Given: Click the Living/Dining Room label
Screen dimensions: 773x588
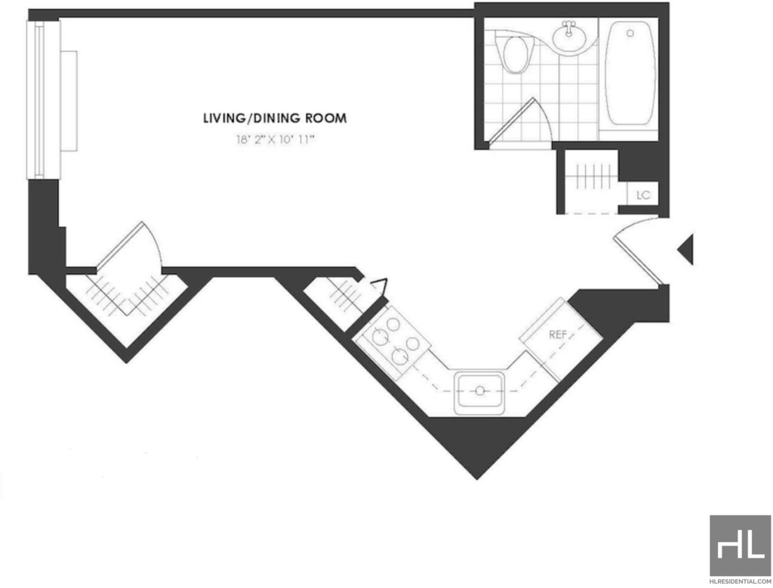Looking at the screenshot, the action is coord(275,119).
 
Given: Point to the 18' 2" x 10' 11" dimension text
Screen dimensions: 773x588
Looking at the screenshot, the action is coord(275,140).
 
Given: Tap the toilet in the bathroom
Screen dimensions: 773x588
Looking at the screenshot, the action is coord(515,52).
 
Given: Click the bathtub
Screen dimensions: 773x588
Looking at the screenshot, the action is coord(630,73).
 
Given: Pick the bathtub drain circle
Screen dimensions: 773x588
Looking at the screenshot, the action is coord(630,33).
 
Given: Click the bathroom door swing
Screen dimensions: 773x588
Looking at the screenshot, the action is coord(517,120).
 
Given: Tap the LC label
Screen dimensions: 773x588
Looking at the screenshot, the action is coord(643,195).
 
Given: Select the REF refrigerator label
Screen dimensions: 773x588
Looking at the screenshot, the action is coord(558,334).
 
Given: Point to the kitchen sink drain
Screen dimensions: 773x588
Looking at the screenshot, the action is coord(479,391).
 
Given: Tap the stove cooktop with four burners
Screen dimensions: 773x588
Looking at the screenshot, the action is coord(393,342).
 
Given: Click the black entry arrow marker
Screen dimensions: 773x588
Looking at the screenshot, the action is coord(685,249).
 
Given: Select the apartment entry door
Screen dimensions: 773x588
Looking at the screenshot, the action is coord(638,252).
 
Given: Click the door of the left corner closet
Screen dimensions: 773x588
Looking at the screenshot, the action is coord(129,246).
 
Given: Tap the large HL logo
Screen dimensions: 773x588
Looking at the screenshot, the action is coord(741,546).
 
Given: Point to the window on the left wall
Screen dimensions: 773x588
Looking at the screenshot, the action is coord(43,100).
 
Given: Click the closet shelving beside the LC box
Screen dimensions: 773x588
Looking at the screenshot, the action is coord(592,174).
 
